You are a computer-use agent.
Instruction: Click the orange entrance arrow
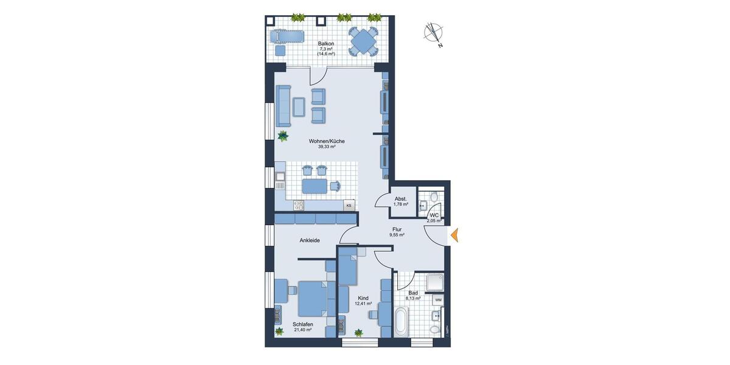[454, 236]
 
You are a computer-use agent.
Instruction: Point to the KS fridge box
[349, 206]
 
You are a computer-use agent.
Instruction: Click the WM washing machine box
[438, 300]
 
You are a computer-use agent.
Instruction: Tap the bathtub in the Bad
[400, 322]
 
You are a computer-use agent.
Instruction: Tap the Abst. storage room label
[401, 201]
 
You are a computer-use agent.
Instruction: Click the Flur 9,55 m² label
[397, 232]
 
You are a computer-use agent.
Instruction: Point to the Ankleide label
[310, 240]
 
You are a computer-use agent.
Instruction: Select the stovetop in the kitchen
[299, 205]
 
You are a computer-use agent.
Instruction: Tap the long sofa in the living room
[282, 105]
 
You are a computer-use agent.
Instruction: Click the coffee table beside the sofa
[299, 106]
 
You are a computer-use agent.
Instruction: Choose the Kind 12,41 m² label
[364, 301]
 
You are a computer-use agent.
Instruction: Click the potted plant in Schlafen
[279, 332]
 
